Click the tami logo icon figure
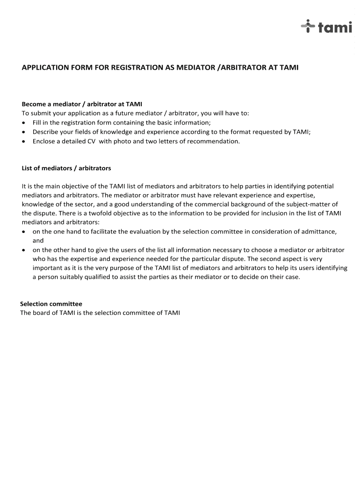pyautogui.click(x=307, y=27)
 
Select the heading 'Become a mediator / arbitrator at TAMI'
pyautogui.click(x=82, y=104)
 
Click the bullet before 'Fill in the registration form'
pyautogui.click(x=24, y=123)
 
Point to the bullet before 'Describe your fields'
pyautogui.click(x=24, y=132)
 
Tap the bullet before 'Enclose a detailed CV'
pyautogui.click(x=24, y=141)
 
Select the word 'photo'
pyautogui.click(x=122, y=141)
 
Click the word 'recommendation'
pyautogui.click(x=216, y=141)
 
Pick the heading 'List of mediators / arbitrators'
pyautogui.click(x=66, y=168)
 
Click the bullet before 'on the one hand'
pyautogui.click(x=24, y=232)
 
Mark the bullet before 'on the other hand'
pyautogui.click(x=24, y=250)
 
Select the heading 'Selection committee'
pyautogui.click(x=51, y=304)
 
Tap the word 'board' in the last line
pyautogui.click(x=41, y=313)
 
